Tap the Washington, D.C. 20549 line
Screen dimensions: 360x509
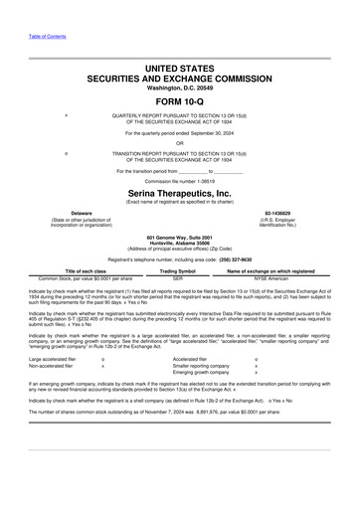pos(179,86)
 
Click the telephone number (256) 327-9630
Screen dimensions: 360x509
pos(229,257)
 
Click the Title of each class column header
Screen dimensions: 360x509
pos(86,270)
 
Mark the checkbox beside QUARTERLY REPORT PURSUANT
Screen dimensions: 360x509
pos(66,114)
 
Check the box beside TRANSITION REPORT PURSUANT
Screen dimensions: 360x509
pos(66,152)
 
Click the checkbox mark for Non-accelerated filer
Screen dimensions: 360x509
pos(103,367)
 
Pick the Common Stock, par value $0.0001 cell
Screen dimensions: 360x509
pos(86,278)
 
